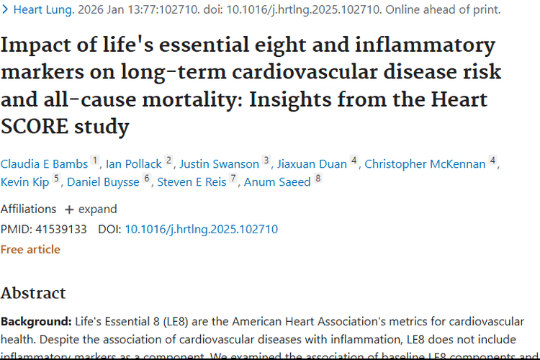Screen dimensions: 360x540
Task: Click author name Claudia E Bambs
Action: (x=44, y=164)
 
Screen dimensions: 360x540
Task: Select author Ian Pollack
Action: (x=134, y=164)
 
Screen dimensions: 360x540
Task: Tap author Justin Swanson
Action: (x=219, y=164)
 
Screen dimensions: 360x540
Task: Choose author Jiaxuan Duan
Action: (x=310, y=164)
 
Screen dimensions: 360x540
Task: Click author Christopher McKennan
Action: (x=425, y=164)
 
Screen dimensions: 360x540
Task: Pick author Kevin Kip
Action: (x=25, y=182)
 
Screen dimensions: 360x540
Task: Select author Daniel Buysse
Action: (x=103, y=182)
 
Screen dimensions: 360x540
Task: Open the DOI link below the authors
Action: (x=201, y=230)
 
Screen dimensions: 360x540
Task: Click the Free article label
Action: (x=30, y=250)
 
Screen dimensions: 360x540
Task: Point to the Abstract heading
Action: (x=33, y=293)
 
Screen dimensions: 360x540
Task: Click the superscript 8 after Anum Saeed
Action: (x=318, y=179)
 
